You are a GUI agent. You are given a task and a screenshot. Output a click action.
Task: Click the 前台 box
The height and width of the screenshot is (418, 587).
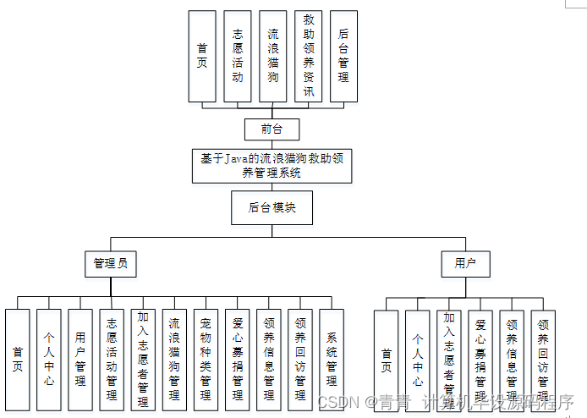[x=272, y=129]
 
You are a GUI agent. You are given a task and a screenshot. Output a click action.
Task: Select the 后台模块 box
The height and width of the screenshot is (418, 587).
[x=272, y=207]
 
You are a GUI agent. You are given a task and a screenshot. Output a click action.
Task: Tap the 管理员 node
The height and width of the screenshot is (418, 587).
[x=111, y=264]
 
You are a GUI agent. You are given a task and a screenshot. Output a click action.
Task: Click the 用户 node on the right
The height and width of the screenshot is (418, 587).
[x=465, y=264]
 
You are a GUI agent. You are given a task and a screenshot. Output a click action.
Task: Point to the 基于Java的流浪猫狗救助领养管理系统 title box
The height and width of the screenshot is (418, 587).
[x=272, y=165]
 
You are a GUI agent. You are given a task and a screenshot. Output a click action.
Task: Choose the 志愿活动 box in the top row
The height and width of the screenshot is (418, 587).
[x=238, y=56]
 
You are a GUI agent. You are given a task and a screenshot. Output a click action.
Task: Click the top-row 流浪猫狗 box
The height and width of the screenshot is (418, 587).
[x=272, y=56]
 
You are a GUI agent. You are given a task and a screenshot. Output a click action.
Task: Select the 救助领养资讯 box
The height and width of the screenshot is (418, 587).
[x=308, y=56]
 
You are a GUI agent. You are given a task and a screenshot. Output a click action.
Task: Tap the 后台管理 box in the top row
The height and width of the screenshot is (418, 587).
[x=343, y=56]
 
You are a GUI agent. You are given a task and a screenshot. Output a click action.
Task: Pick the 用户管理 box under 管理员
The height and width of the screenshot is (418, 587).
[x=80, y=359]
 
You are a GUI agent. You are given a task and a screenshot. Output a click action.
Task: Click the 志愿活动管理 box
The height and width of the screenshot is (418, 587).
[x=112, y=359]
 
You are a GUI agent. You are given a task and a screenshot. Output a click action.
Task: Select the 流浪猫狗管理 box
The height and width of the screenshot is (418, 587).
[x=174, y=359]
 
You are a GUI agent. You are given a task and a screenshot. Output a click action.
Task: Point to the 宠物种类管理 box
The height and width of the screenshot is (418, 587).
[x=206, y=359]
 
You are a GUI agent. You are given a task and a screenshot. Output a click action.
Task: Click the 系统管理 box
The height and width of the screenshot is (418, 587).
[x=332, y=359]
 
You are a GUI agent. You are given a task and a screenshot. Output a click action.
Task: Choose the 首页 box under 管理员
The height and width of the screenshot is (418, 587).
[x=18, y=359]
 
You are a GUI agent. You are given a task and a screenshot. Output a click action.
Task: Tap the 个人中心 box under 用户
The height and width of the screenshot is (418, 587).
[x=417, y=360]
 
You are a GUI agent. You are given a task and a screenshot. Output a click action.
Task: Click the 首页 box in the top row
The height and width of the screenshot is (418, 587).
[x=202, y=56]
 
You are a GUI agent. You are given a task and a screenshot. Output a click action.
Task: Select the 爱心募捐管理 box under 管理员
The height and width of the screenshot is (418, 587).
[x=238, y=359]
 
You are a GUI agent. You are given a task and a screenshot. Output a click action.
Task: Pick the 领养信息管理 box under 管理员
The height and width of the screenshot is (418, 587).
[x=269, y=359]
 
